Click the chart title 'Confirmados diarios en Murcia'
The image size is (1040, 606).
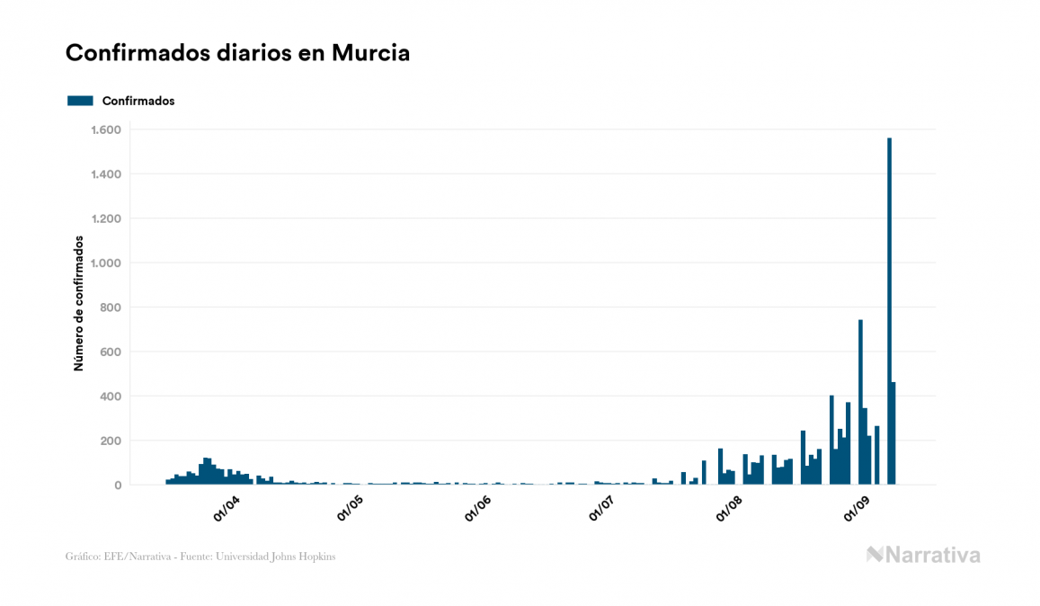click(237, 53)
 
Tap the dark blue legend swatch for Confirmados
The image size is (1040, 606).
click(80, 101)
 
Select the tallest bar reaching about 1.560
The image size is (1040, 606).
click(889, 315)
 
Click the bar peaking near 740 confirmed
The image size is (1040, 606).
click(860, 405)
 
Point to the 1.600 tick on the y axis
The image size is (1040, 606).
click(106, 129)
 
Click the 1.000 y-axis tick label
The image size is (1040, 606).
click(106, 263)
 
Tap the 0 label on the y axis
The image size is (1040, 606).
click(118, 486)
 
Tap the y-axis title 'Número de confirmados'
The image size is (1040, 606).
click(79, 304)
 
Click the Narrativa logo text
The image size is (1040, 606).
click(932, 555)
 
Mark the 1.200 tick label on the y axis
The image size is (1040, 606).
click(106, 218)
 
